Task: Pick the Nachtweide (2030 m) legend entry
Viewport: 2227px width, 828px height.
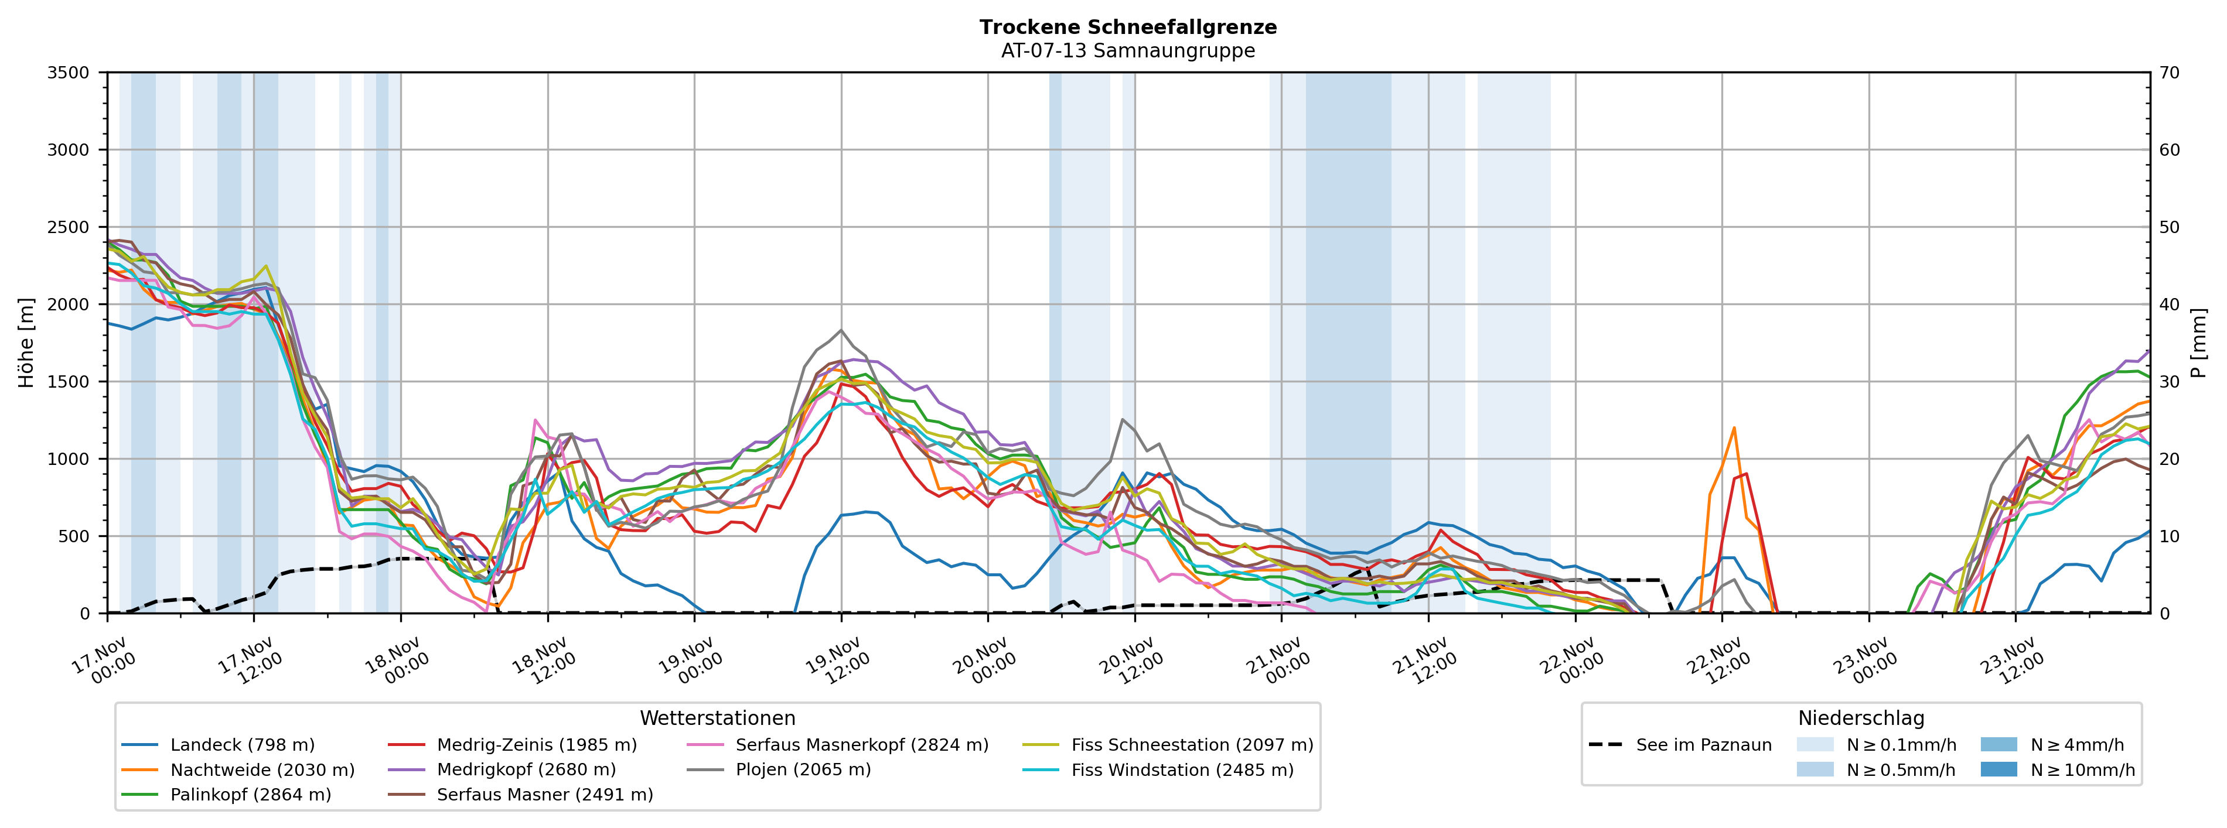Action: pyautogui.click(x=262, y=770)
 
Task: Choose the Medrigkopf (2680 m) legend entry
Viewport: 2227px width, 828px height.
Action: pyautogui.click(x=526, y=770)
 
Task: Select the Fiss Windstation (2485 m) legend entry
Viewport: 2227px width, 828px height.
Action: pyautogui.click(x=1182, y=770)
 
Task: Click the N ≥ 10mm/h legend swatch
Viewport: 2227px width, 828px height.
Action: pyautogui.click(x=1998, y=770)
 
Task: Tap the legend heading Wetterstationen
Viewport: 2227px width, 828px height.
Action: pyautogui.click(x=718, y=718)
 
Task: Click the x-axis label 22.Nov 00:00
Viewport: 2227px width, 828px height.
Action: pyautogui.click(x=1571, y=661)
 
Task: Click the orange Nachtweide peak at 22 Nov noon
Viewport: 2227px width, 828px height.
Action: pyautogui.click(x=1733, y=428)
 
